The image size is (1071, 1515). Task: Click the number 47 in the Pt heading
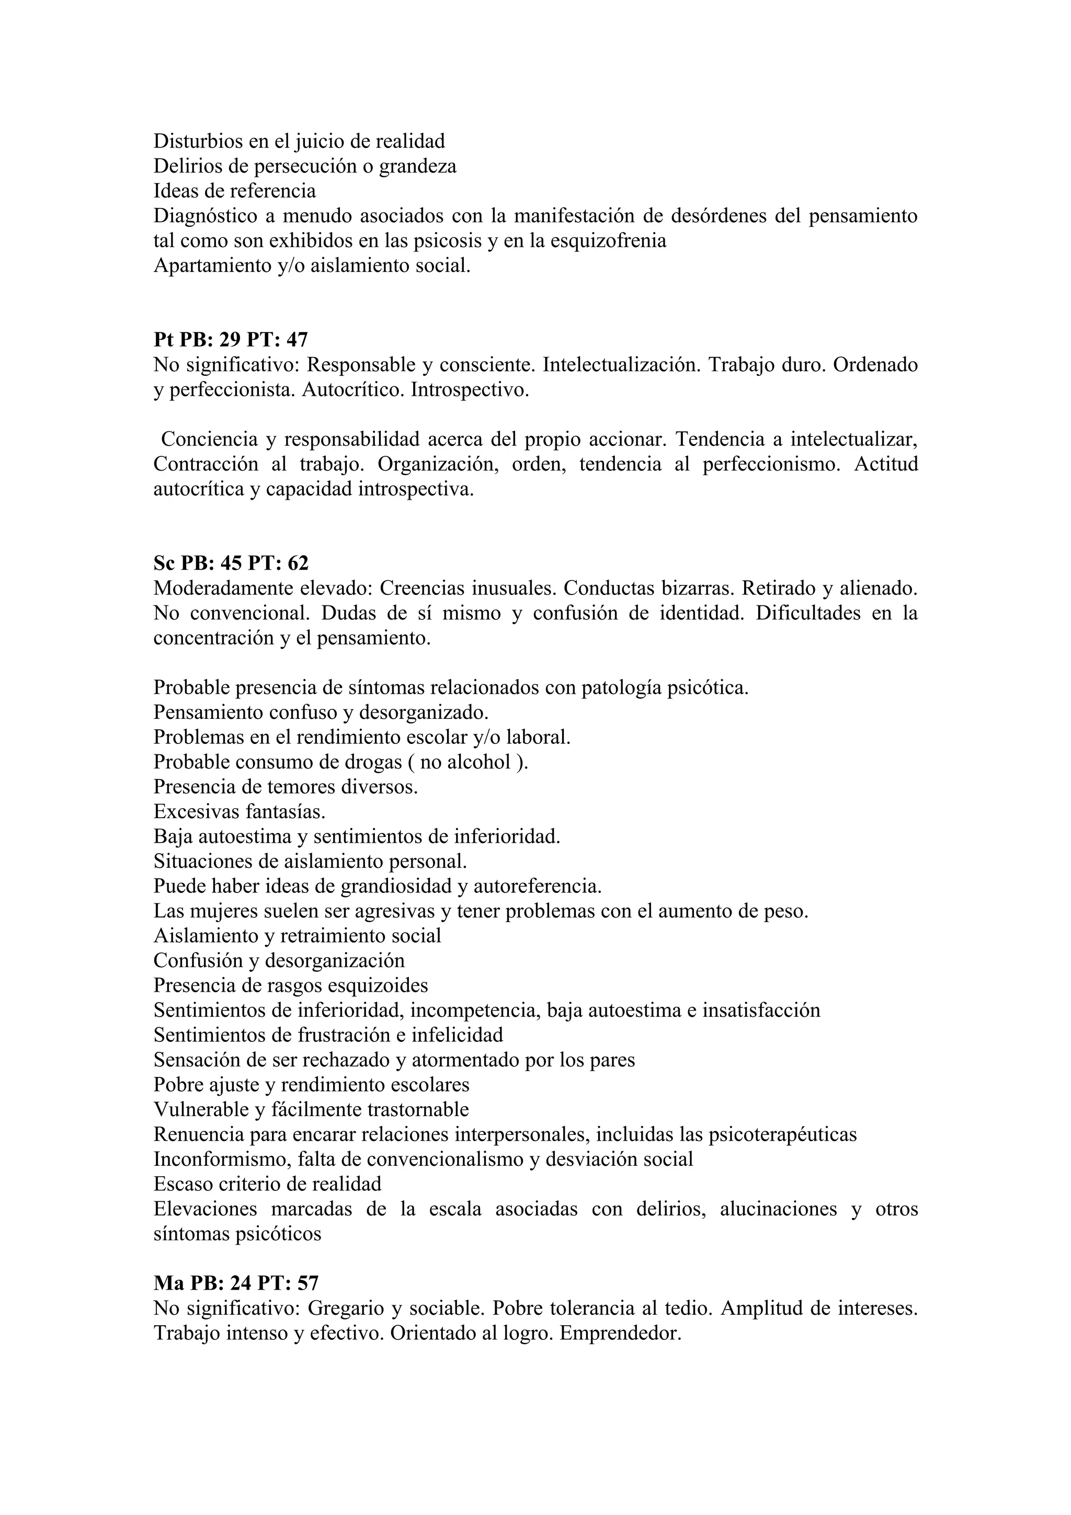[298, 340]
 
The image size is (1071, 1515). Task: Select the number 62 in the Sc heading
[298, 563]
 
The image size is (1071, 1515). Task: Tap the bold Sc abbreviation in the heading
[164, 563]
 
